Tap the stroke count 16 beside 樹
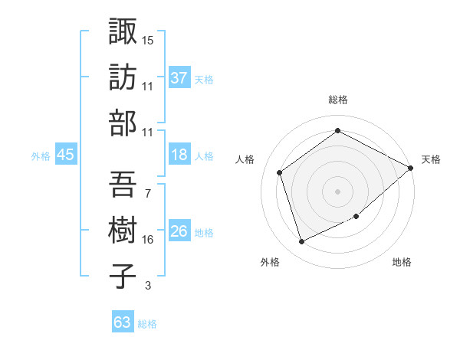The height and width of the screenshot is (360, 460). click(x=148, y=240)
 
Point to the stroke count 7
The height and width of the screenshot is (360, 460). click(x=147, y=194)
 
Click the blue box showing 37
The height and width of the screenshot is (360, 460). click(x=179, y=77)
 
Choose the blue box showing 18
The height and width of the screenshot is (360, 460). click(x=179, y=155)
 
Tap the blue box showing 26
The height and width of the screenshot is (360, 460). click(x=179, y=231)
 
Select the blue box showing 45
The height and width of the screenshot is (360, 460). click(x=65, y=155)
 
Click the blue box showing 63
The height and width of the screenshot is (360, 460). click(x=122, y=322)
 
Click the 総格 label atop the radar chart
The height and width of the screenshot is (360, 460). click(x=337, y=100)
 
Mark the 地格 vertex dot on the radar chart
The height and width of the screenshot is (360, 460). click(x=356, y=216)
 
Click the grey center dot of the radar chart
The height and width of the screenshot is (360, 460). click(x=337, y=191)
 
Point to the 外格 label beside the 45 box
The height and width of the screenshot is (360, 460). click(x=41, y=155)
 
